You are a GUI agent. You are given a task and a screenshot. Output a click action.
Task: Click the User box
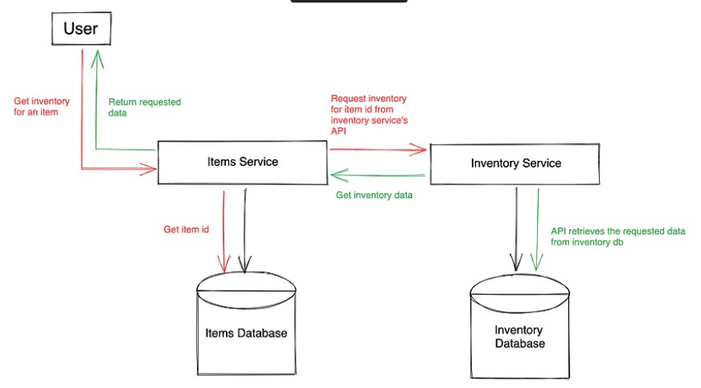[x=80, y=30]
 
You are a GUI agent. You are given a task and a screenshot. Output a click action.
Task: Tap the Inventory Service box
[x=515, y=163]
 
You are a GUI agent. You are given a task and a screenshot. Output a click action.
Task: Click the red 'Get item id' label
[x=187, y=229]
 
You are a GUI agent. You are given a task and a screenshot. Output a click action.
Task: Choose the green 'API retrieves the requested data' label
[x=617, y=236]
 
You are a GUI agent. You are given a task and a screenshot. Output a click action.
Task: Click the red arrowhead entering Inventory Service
[x=420, y=149]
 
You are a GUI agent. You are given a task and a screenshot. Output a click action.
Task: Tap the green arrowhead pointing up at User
[x=96, y=55]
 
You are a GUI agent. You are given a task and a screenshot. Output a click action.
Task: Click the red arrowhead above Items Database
[x=224, y=263]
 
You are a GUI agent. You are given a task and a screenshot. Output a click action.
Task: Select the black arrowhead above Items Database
[x=244, y=263]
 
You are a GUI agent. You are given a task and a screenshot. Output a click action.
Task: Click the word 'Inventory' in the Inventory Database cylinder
[x=519, y=330]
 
